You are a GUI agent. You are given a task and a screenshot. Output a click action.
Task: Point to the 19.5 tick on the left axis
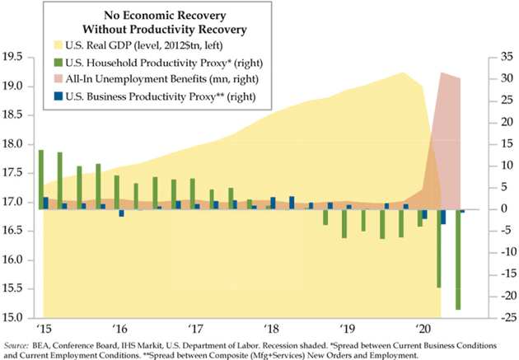pyautogui.click(x=16, y=58)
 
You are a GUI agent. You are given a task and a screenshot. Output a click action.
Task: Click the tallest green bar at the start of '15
pyautogui.click(x=41, y=180)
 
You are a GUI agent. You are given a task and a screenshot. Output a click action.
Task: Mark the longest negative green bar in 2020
pyautogui.click(x=458, y=259)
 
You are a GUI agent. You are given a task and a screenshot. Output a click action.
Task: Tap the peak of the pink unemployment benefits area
pyautogui.click(x=442, y=73)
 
